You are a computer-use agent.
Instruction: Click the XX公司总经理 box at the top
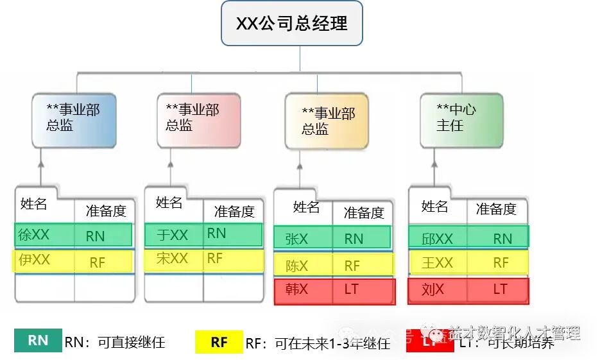coord(292,24)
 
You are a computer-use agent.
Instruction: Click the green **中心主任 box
coord(461,121)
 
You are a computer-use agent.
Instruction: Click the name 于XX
coord(172,235)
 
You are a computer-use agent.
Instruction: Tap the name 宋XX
coord(172,259)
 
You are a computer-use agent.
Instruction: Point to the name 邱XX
coord(437,239)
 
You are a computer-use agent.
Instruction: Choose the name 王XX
coord(437,262)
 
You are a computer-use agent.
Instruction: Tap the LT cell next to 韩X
coord(351,290)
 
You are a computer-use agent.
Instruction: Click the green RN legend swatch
coord(38,340)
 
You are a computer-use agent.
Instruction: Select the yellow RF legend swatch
coord(219,341)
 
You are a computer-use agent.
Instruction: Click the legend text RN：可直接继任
coord(115,342)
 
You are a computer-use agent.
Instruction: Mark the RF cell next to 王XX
coord(501,262)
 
